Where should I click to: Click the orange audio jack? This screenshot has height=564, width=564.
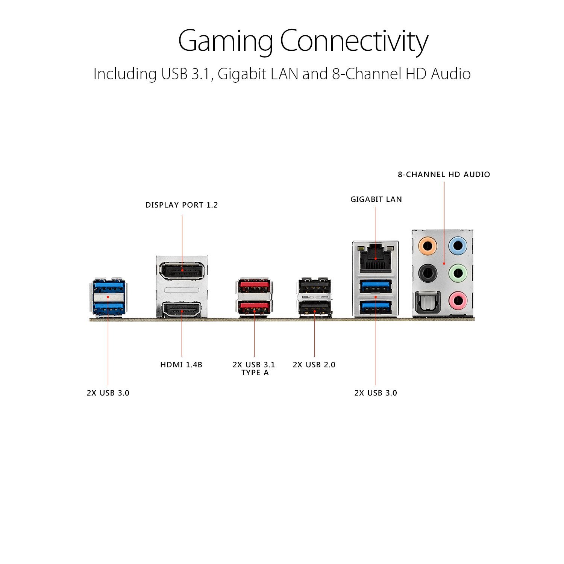pos(428,246)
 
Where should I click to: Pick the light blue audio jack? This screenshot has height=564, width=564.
pos(458,246)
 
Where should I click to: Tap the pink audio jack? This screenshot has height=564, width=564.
pos(458,300)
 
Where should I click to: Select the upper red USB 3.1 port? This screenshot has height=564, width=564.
pos(254,286)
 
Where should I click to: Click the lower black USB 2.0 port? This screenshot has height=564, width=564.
pos(315,309)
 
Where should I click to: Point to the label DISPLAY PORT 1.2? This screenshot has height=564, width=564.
pos(182,205)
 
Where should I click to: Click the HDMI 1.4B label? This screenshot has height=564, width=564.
pos(181,365)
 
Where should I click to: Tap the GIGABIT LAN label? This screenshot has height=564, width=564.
pos(376,199)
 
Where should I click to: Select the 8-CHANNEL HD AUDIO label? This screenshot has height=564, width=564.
pos(444,174)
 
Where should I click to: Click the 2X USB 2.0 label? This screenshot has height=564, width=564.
pos(314,365)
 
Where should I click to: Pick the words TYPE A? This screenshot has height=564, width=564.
pos(255,373)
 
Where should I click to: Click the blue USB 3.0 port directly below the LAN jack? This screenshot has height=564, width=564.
pos(376,287)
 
